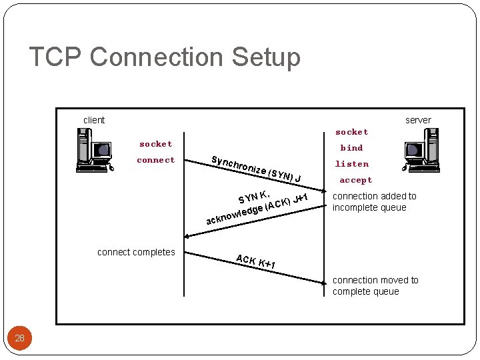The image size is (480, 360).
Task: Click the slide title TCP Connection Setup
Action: [x=165, y=57]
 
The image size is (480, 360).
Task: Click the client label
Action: [x=94, y=120]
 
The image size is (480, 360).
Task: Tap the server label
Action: [x=418, y=120]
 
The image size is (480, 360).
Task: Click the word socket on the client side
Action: [x=155, y=144]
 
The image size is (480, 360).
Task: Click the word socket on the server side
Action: [x=351, y=132]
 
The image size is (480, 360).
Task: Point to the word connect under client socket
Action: [x=155, y=160]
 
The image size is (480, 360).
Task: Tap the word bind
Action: [x=351, y=148]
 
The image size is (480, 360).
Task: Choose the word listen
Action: [x=351, y=164]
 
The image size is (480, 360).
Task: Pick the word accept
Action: [x=355, y=180]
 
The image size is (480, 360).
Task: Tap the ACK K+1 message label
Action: [x=256, y=262]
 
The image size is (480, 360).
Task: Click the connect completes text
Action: [x=136, y=252]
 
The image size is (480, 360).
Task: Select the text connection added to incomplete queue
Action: [x=374, y=201]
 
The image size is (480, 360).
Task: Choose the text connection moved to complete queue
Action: [x=375, y=285]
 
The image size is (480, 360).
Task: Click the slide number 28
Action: [x=19, y=338]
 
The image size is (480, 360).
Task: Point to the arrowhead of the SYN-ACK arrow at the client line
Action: [x=187, y=236]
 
